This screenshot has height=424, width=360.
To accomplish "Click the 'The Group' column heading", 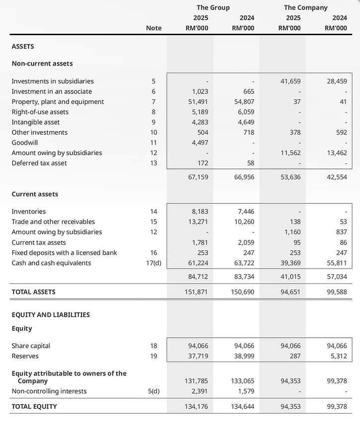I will [x=213, y=7].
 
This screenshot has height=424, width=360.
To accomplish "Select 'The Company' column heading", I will [x=305, y=7].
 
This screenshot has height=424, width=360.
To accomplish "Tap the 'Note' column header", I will [x=153, y=28].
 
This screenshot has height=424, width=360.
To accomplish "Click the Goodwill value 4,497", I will [x=199, y=142].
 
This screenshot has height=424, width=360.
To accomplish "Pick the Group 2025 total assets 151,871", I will [x=197, y=292].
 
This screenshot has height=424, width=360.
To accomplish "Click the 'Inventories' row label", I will [x=29, y=212].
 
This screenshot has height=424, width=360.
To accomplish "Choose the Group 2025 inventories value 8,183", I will [x=199, y=212].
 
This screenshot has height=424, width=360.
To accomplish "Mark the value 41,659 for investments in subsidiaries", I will [x=290, y=81].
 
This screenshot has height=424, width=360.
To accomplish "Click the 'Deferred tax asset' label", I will [x=39, y=163].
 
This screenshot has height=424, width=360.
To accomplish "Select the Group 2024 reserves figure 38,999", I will [x=244, y=356].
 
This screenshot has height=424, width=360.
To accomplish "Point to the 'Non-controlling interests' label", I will [x=49, y=391].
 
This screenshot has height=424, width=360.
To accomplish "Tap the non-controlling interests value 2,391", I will [x=199, y=391].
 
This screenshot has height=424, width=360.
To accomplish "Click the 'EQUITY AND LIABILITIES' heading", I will [x=51, y=315].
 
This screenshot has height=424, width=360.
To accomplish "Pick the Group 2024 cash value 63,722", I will [x=244, y=263].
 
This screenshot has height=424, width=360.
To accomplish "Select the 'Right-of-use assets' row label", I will [x=40, y=112].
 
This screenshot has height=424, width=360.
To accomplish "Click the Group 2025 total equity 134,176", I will [x=197, y=407].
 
